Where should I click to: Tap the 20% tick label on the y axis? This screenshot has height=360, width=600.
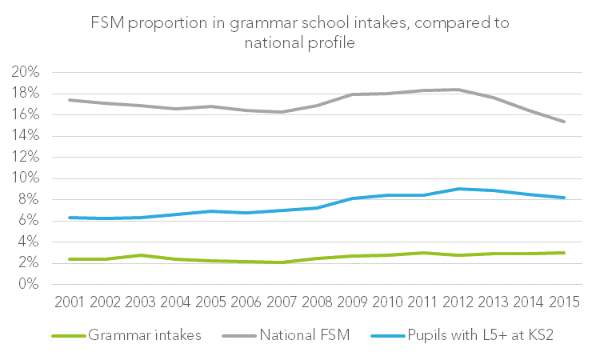[x=26, y=72]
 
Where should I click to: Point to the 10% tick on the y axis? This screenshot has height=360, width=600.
[x=26, y=178]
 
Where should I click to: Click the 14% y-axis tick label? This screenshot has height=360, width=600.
[x=26, y=136]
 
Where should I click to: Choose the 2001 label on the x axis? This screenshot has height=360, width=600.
[x=70, y=303]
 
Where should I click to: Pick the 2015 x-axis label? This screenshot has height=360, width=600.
[x=564, y=303]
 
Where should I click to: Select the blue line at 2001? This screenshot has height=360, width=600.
[x=70, y=218]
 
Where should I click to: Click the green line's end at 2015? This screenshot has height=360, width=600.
[x=565, y=253]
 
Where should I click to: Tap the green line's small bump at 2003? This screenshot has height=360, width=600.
[x=141, y=255]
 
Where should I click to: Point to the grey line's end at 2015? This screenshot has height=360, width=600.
[x=565, y=122]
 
